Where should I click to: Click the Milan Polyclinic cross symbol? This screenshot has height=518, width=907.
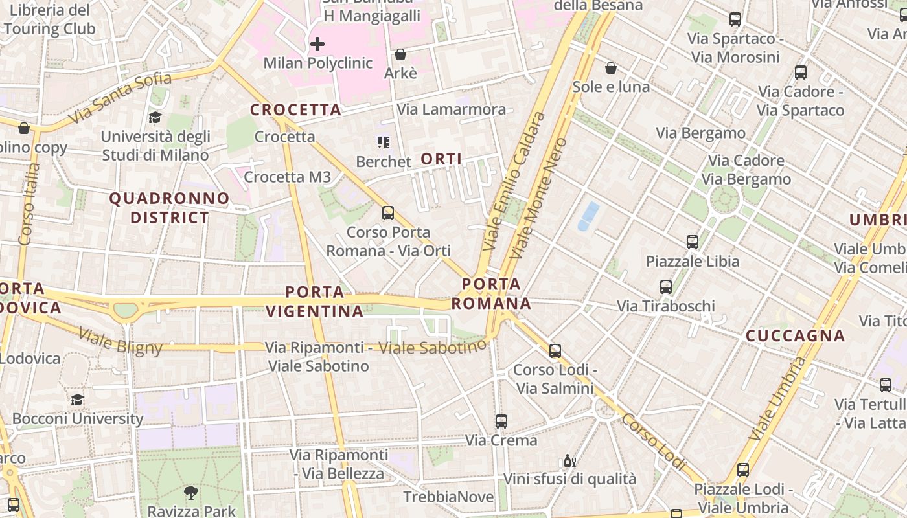point(317,44)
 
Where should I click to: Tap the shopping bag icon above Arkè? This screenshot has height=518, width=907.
point(400,54)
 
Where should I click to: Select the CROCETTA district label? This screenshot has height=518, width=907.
point(296,110)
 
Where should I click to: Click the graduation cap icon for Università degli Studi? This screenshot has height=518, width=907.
point(155,117)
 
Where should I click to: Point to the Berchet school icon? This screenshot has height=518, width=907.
point(384,142)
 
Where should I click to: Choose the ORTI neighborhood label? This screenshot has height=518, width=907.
point(441,159)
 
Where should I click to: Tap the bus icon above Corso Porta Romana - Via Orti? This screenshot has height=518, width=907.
point(387,212)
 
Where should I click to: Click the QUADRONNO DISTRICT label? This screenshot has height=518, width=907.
point(169,208)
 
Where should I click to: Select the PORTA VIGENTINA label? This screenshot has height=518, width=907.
point(315,302)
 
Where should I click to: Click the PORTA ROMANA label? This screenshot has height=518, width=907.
point(491,294)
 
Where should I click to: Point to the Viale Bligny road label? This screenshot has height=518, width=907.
point(121,341)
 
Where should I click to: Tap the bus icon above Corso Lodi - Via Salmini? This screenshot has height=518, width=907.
point(555,351)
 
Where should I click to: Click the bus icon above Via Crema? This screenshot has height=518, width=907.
point(501,422)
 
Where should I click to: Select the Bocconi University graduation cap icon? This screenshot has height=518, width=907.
point(78,400)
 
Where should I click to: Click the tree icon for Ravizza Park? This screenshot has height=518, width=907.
point(190,493)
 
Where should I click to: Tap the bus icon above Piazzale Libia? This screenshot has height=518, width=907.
point(692,242)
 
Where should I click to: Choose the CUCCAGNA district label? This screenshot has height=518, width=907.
point(795,335)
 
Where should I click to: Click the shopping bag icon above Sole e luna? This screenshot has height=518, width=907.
point(610,68)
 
